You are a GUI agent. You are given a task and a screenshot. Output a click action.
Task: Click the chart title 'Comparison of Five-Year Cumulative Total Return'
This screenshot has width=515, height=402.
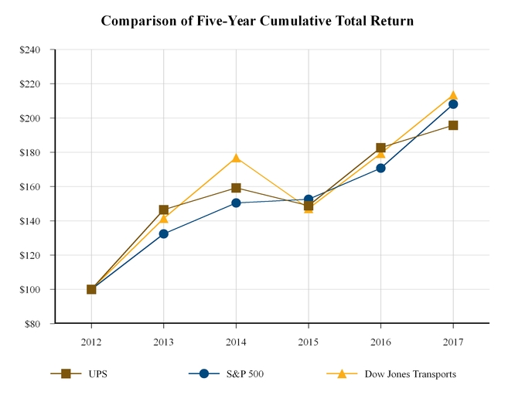(x=257, y=21)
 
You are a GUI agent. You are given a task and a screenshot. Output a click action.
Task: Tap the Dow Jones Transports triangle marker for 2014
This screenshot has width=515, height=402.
(x=236, y=158)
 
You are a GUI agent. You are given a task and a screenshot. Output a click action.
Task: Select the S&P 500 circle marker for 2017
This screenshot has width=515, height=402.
(x=453, y=104)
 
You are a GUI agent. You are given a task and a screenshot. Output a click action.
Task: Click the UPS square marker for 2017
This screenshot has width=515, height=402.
(x=453, y=125)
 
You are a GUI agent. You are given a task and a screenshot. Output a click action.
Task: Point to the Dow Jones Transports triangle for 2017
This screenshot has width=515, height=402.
(x=453, y=96)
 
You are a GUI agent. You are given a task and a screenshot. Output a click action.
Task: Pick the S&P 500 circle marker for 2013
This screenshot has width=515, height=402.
(x=164, y=233)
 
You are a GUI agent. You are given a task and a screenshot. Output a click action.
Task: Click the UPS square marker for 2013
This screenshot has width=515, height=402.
(x=164, y=210)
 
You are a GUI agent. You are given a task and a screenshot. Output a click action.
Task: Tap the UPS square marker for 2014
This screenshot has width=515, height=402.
(x=236, y=188)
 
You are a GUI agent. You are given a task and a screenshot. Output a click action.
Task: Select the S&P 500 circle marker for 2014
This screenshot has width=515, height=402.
(x=236, y=203)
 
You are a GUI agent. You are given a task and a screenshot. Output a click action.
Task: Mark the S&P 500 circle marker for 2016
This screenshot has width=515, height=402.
(x=380, y=168)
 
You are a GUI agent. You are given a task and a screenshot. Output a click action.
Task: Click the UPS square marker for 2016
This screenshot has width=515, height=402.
(x=380, y=148)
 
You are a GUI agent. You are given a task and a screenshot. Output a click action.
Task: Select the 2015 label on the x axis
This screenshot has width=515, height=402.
(x=309, y=340)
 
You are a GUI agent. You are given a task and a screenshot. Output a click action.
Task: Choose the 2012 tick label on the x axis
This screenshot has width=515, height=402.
(x=91, y=340)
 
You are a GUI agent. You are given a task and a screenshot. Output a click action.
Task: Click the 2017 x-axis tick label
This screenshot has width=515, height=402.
(x=453, y=340)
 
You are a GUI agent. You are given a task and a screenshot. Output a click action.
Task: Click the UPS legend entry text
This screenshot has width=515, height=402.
(x=97, y=374)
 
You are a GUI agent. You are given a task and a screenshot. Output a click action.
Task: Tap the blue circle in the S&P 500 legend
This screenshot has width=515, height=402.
(x=204, y=373)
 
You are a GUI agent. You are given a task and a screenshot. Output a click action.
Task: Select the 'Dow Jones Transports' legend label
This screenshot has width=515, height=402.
(x=410, y=374)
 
